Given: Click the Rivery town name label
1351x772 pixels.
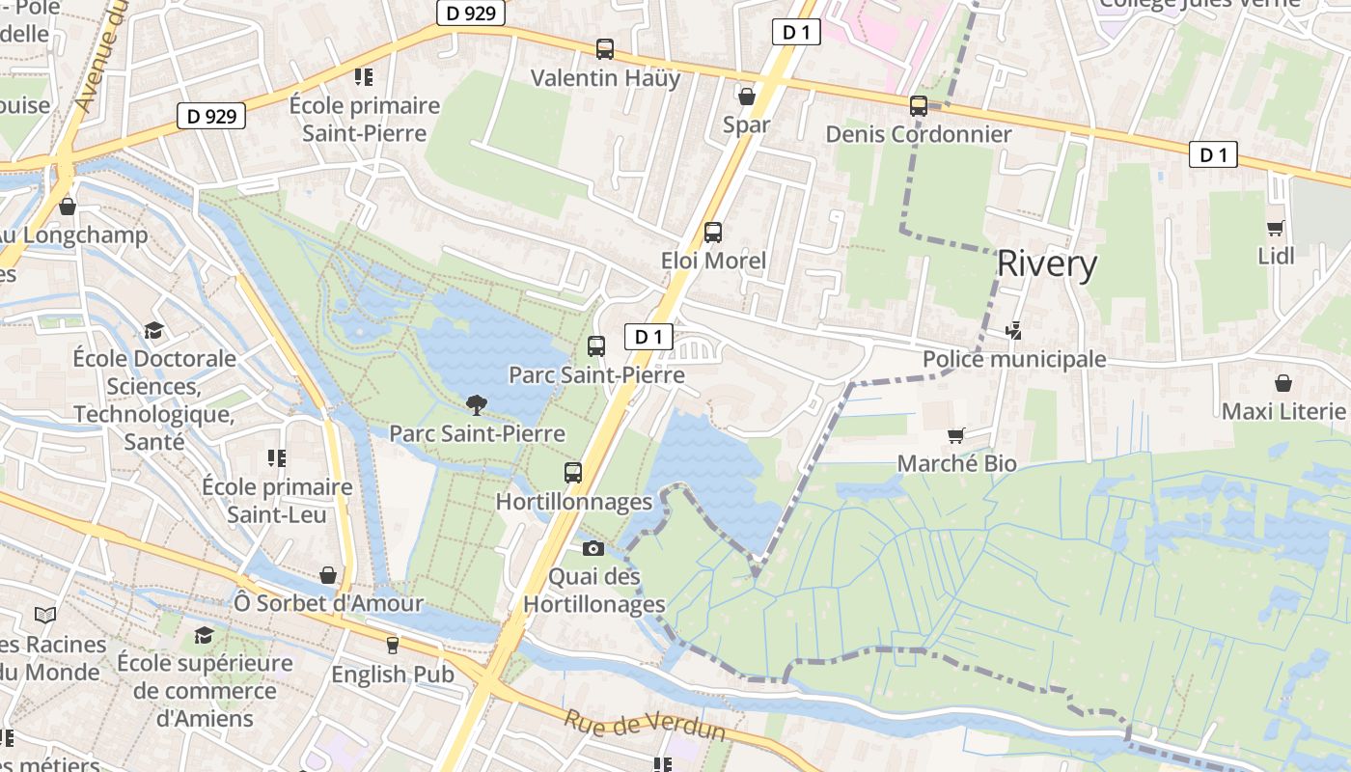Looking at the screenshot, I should coord(1047,264).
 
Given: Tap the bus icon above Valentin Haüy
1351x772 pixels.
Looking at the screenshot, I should coord(605,48).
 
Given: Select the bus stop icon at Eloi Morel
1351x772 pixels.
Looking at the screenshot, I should coord(713,232).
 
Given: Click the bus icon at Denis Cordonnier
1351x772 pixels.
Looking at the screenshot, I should coord(919,106).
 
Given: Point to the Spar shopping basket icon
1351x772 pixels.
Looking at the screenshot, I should coord(746,96).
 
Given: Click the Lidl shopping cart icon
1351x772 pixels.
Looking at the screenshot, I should coord(1276,228).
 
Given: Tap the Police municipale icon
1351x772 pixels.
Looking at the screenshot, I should coord(1013,331).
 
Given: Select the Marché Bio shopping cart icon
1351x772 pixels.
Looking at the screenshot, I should coord(956,435).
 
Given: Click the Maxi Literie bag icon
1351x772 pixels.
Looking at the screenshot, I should coord(1283,383).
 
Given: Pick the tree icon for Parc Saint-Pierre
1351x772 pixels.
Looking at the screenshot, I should coord(476,404).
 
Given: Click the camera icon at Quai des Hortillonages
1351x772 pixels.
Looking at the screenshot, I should coord(593,548).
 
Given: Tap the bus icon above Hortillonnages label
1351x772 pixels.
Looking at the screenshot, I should coord(573,473).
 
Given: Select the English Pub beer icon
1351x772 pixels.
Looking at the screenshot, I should coord(393,645).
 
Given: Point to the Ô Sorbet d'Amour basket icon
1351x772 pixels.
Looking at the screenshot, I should coord(328,575).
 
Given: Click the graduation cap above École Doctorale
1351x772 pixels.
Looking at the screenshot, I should coord(153,330).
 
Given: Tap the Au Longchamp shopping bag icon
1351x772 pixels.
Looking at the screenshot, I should coord(68,207).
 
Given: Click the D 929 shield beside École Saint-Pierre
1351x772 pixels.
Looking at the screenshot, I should coord(211,117).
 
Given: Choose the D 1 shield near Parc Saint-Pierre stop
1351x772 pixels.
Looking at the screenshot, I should coord(648,337).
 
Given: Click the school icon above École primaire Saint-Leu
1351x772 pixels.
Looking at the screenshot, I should coord(277,457).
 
